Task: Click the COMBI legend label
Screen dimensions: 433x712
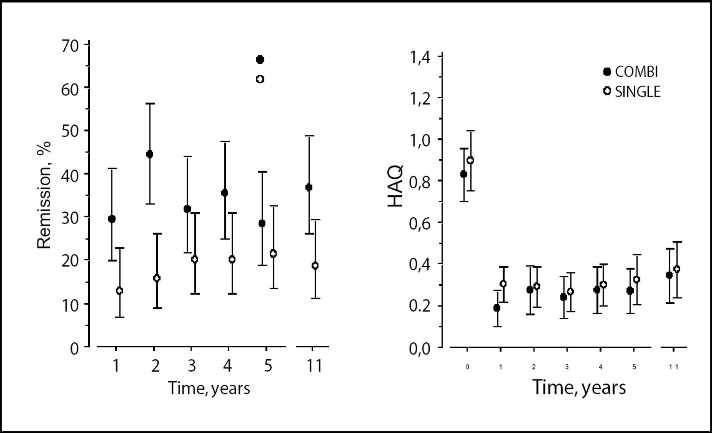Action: coord(636,72)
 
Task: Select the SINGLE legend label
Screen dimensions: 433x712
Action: coord(638,92)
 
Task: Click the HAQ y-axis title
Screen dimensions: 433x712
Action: coord(396,187)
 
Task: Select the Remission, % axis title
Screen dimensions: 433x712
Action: coord(44,195)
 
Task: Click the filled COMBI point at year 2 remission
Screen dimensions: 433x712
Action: coord(150,154)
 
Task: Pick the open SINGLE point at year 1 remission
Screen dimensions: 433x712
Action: coord(119,291)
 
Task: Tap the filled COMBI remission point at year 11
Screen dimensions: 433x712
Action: coord(309,187)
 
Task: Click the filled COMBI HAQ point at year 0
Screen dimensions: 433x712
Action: coord(464,174)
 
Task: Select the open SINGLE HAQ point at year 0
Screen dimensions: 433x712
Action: coord(470,160)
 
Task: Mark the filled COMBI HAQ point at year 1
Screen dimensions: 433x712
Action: coord(497,308)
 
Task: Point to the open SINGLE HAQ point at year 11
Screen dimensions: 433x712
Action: coord(677,269)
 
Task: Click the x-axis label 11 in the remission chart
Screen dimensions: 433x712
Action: coord(314,366)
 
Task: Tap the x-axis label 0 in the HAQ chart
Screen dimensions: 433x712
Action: coord(468,367)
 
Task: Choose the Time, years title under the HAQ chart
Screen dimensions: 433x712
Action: coord(579,387)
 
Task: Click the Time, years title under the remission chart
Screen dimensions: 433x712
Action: coord(209,388)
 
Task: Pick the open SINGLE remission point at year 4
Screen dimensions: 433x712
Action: coord(232,259)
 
